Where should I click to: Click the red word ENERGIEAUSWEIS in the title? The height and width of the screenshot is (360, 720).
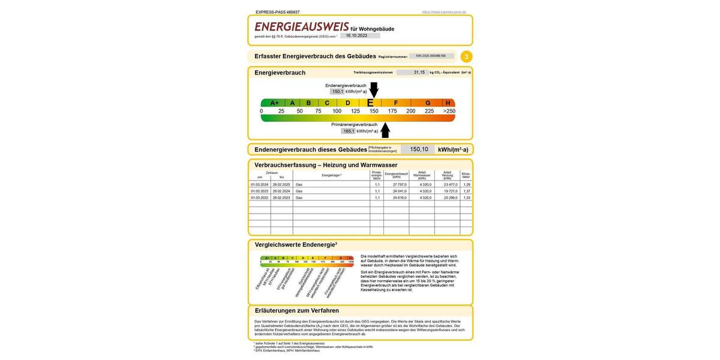coord(301,27)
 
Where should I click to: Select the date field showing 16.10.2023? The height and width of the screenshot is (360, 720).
coord(360,35)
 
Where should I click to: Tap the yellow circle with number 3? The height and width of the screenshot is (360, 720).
coord(466,56)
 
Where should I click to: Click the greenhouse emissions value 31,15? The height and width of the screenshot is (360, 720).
coord(419,72)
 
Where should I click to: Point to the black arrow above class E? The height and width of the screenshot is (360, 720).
coord(374,89)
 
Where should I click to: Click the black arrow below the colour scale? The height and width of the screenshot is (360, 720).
coord(385,130)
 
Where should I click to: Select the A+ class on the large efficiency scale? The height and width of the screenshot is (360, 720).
coord(274,103)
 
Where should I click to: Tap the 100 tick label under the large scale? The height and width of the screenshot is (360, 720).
coord(337,111)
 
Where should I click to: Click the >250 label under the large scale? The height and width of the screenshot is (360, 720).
coord(449,111)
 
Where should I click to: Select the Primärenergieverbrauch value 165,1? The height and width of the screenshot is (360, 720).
coord(348,131)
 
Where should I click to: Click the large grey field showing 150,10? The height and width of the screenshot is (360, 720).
coord(418,149)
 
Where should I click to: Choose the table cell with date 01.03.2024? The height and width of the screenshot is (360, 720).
coord(259,184)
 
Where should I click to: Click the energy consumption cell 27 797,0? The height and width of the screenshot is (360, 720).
coord(399,184)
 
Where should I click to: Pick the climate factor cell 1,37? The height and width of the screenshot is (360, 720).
coord(466,191)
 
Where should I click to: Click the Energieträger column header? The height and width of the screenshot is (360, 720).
coord(331,175)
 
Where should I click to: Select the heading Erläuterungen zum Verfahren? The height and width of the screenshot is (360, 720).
coord(296,310)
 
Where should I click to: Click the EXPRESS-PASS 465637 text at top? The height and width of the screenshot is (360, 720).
coord(277,12)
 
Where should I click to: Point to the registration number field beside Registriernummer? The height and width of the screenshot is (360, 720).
coord(431,56)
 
